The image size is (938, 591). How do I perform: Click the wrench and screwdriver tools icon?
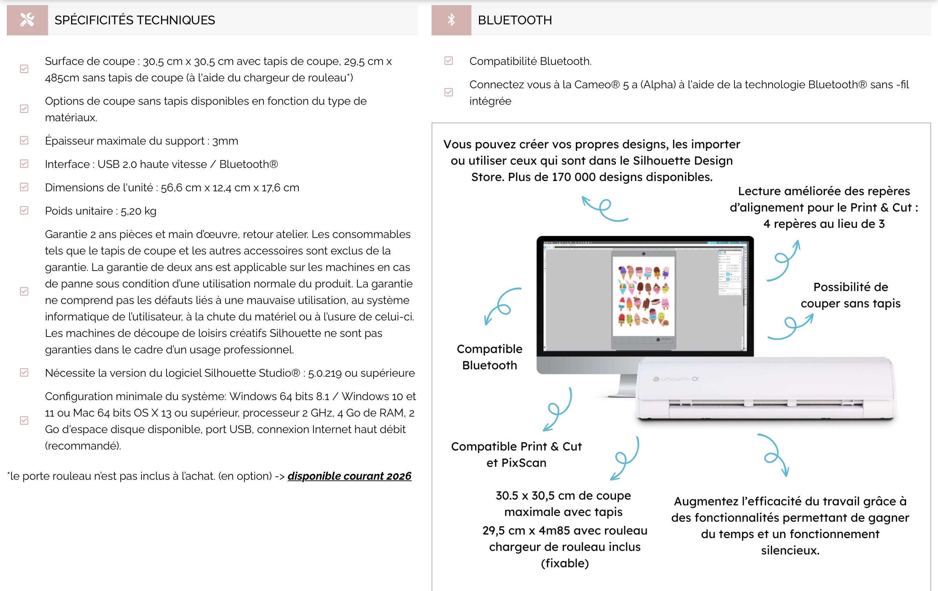[27, 20]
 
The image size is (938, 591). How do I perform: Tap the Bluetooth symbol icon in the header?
[451, 20]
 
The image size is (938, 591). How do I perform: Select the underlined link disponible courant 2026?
[349, 476]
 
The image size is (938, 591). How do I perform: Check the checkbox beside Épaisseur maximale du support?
[24, 141]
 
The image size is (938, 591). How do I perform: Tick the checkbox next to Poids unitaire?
[24, 211]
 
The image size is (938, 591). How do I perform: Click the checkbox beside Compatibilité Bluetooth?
[449, 61]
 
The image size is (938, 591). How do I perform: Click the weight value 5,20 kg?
[138, 211]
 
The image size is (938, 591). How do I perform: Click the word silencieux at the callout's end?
[790, 550]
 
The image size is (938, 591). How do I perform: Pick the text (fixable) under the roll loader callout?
[564, 563]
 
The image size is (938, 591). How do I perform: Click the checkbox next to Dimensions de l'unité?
[24, 187]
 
